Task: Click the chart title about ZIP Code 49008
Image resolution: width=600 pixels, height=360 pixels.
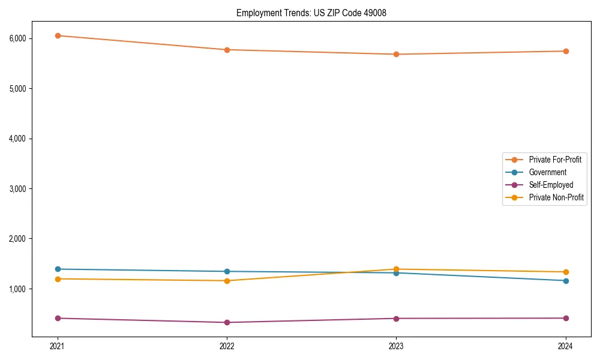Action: click(311, 13)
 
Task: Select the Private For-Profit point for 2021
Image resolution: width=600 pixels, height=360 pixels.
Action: click(58, 35)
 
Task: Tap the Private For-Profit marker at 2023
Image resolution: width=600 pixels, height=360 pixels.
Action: click(396, 54)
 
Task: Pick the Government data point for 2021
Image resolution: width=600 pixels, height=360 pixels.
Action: click(58, 269)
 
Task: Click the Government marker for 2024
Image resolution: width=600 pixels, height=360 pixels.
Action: click(566, 281)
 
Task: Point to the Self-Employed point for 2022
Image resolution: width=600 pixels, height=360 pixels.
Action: click(227, 322)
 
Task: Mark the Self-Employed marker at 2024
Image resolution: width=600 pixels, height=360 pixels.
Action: click(566, 318)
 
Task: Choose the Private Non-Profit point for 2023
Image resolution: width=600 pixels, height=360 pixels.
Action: click(396, 269)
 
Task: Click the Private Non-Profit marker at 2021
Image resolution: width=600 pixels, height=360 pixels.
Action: click(58, 279)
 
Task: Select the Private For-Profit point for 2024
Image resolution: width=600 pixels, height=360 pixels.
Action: click(566, 51)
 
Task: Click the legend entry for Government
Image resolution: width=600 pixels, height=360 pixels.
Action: click(547, 172)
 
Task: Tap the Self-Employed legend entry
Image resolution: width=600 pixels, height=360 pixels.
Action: click(551, 185)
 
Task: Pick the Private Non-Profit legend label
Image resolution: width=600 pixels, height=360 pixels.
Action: click(556, 197)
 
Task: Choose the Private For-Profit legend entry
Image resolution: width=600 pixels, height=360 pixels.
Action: click(555, 160)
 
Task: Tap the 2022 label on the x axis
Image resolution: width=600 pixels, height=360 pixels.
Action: click(227, 346)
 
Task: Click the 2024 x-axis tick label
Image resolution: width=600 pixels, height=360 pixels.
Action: click(566, 346)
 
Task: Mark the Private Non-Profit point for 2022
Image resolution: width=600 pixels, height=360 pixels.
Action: click(227, 281)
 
